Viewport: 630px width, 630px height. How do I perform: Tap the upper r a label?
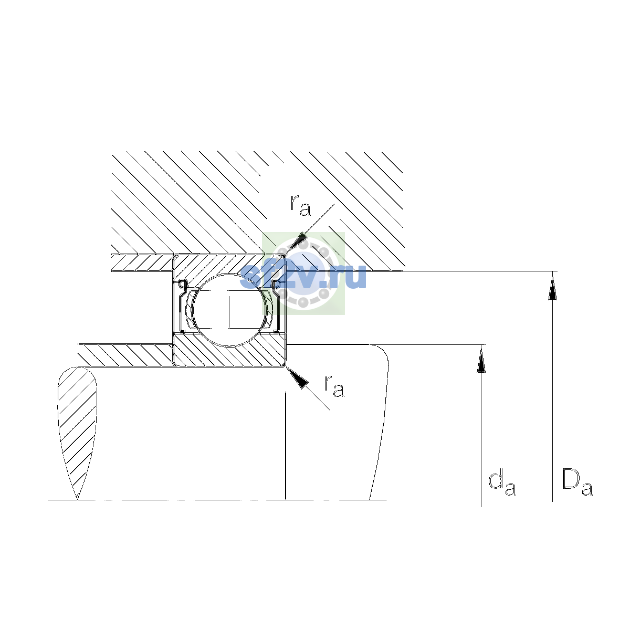click(300, 205)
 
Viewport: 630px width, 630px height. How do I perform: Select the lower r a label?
click(334, 386)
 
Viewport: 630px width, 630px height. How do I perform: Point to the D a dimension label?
click(577, 482)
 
